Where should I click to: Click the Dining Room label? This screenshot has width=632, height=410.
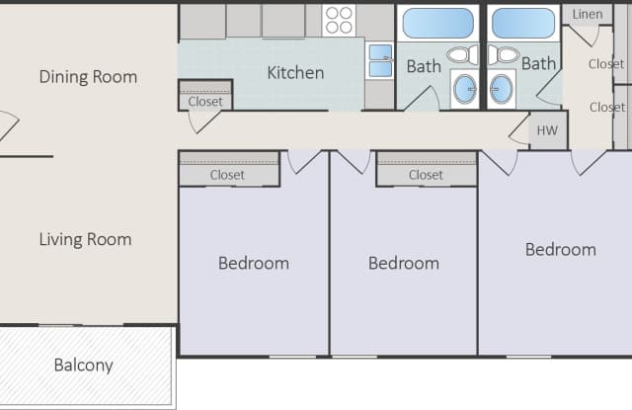click(88, 77)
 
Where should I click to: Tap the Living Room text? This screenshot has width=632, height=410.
click(85, 239)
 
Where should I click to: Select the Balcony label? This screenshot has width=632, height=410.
click(83, 366)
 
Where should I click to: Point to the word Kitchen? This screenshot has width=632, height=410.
click(295, 72)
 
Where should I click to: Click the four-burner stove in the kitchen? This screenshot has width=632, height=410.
click(339, 20)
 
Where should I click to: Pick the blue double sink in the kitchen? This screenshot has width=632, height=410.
click(380, 61)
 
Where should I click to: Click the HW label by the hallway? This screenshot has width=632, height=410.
click(546, 129)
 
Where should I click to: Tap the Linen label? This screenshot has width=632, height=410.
click(588, 14)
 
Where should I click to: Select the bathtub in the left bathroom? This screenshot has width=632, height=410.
click(437, 23)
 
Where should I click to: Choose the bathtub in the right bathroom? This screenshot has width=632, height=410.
click(522, 23)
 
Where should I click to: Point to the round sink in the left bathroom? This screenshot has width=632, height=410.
click(466, 89)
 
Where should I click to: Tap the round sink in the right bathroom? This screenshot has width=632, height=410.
click(501, 89)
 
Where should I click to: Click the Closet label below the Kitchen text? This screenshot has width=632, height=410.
click(205, 101)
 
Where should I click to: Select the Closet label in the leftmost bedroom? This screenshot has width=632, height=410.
click(227, 175)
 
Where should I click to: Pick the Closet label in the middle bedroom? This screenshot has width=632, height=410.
click(426, 175)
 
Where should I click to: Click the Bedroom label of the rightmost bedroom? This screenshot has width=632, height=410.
click(560, 250)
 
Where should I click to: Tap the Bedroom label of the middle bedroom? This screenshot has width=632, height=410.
click(403, 264)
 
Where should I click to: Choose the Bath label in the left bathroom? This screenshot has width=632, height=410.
click(424, 67)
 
